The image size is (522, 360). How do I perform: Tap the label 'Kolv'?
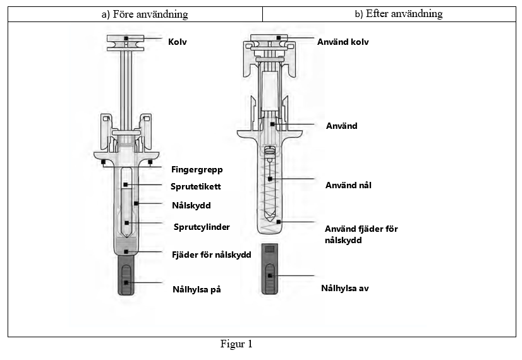[x=178, y=42]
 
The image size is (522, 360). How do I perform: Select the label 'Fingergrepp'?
[x=197, y=169]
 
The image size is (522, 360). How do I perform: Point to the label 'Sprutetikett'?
[x=195, y=186]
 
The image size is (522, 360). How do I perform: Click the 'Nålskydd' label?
[x=191, y=205]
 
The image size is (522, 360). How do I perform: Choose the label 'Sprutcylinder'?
[x=202, y=227]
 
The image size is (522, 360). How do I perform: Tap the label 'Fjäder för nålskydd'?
[x=212, y=255]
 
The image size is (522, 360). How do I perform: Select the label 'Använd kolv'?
[x=343, y=42]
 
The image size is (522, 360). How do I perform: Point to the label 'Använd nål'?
[x=348, y=185]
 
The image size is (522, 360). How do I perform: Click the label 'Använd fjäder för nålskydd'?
[x=361, y=234]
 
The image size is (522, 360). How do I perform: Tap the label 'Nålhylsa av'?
[x=345, y=288]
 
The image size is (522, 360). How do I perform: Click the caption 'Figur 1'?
[x=236, y=344]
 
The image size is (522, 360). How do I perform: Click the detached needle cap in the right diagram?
[x=270, y=268]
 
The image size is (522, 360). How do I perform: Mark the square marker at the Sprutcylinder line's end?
[x=126, y=223]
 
